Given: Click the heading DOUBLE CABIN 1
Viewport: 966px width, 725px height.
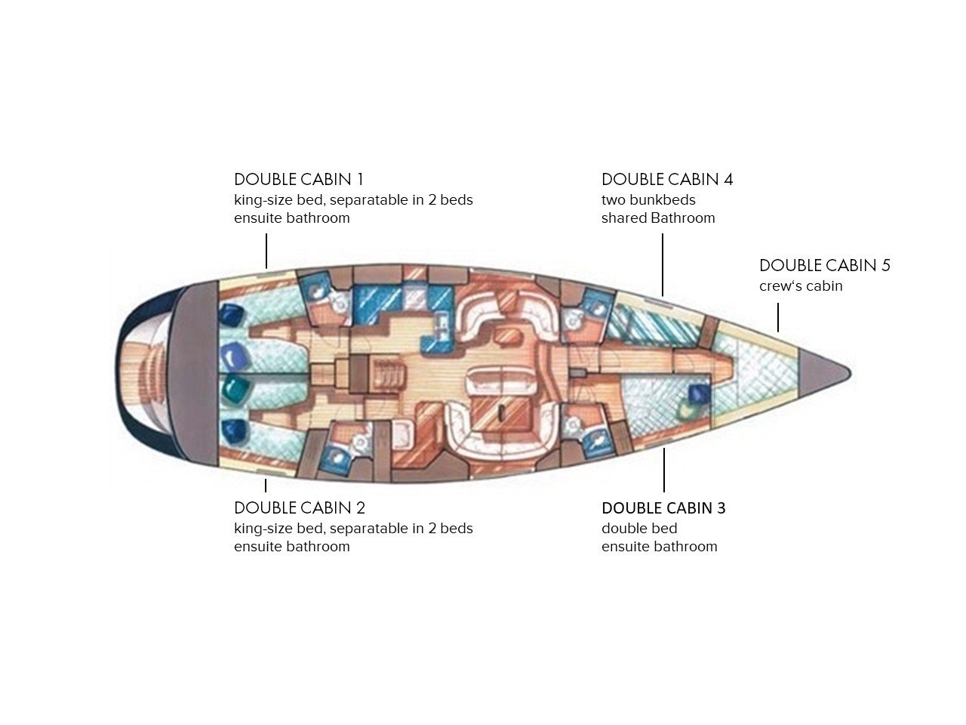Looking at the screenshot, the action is [x=298, y=179].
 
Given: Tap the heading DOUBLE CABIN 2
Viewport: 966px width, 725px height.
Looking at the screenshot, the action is [x=300, y=507].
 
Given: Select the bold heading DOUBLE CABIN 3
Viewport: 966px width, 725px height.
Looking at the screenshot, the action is [x=663, y=507].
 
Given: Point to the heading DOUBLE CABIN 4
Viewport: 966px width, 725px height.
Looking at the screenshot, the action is [x=666, y=179].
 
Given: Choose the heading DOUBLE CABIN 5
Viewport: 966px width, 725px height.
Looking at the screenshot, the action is [x=825, y=265].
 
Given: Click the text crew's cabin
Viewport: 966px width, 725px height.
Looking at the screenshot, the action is [x=801, y=285].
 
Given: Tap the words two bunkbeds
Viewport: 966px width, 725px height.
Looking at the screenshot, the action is [x=648, y=200].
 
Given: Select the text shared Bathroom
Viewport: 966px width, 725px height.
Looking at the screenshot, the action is [x=658, y=218].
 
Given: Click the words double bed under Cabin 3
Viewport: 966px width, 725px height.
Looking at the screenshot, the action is [x=639, y=528].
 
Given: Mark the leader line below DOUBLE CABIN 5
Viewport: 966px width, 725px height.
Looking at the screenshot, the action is [x=777, y=317].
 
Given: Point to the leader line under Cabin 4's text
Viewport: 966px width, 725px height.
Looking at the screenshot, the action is [x=663, y=264].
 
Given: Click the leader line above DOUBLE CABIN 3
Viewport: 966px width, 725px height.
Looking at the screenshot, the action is [x=663, y=470].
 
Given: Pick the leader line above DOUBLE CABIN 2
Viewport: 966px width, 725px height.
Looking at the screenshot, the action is [x=266, y=486].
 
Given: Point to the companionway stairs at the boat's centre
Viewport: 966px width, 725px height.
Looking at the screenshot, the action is [x=387, y=374].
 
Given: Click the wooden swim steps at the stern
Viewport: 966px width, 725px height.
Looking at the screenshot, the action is [x=148, y=374].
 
